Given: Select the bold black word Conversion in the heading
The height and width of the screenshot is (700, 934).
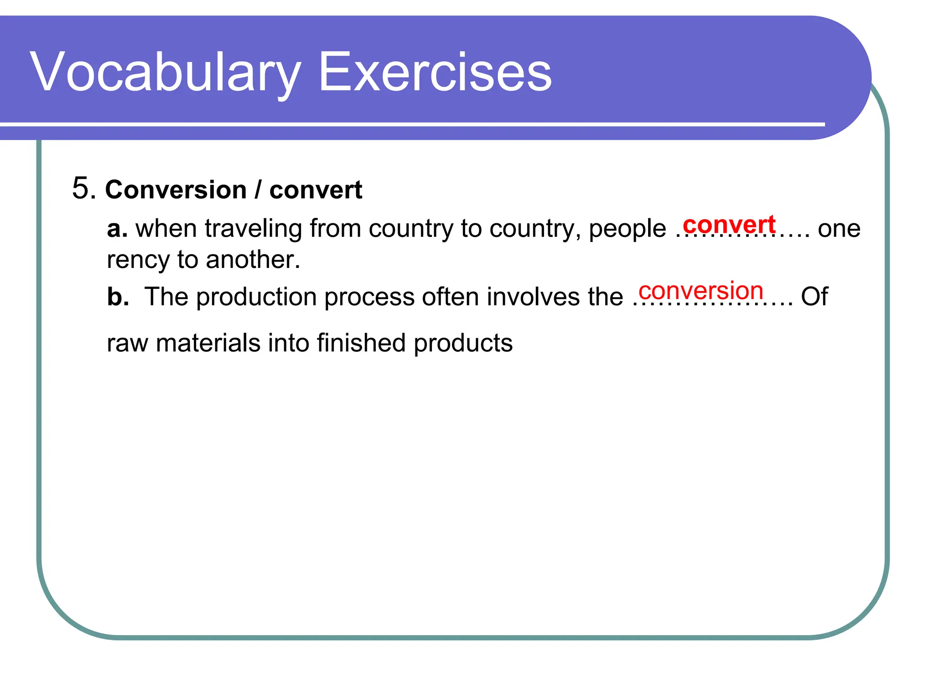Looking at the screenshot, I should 176,190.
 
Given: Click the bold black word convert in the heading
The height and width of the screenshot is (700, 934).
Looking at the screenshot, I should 316,190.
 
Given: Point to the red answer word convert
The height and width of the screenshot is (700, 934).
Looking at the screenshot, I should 729,225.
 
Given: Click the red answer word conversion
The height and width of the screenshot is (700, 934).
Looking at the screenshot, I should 700,291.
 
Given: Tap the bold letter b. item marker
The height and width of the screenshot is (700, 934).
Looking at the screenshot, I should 118,297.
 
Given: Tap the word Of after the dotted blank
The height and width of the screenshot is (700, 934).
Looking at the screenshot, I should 814,297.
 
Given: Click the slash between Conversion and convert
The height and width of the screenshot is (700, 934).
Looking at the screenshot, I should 258,190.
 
